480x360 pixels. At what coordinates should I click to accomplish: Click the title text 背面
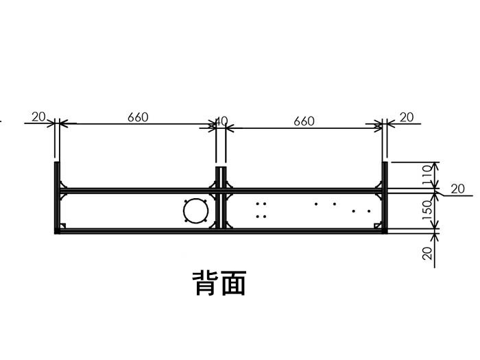click(219, 283)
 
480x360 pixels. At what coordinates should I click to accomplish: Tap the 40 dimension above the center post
click(221, 121)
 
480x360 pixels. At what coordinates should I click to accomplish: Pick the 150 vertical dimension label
click(427, 208)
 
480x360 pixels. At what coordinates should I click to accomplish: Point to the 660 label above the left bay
click(138, 117)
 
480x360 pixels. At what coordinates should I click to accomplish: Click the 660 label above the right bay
click(304, 121)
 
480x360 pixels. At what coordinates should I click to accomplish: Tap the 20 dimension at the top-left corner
click(38, 117)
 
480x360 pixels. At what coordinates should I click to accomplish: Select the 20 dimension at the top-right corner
click(406, 117)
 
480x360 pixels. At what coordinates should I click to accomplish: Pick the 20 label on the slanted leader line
click(457, 189)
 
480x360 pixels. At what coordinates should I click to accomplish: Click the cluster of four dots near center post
click(261, 210)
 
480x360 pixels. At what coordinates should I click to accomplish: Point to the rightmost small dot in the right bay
click(369, 211)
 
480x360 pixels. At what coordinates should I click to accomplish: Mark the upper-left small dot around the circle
click(185, 201)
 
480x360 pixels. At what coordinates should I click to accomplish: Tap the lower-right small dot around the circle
click(204, 220)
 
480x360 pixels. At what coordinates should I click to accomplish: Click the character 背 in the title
click(205, 283)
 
